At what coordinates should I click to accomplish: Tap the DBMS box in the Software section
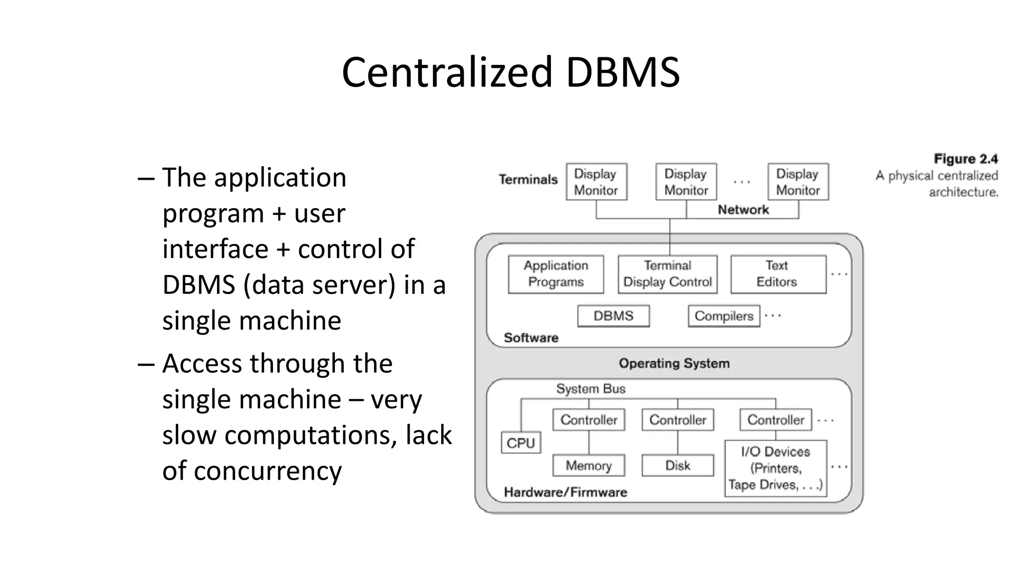613,316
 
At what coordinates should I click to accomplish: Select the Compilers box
724,316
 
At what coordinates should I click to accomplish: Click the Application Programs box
555,274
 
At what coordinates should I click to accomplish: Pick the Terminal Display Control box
667,274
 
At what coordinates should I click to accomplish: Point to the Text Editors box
777,274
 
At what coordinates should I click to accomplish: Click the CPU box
520,443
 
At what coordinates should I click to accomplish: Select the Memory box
588,465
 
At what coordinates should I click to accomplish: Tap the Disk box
677,465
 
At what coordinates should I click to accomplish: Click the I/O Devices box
775,468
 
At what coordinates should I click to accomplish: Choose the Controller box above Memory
588,420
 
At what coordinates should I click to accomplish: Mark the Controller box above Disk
677,420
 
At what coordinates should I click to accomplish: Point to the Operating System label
674,363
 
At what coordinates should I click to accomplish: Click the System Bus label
590,389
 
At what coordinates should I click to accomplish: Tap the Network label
743,210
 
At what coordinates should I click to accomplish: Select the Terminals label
528,180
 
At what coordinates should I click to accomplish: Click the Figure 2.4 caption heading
966,159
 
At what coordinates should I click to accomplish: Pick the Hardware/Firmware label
565,492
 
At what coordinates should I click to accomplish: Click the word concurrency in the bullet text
267,471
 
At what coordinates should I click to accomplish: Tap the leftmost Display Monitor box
596,182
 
